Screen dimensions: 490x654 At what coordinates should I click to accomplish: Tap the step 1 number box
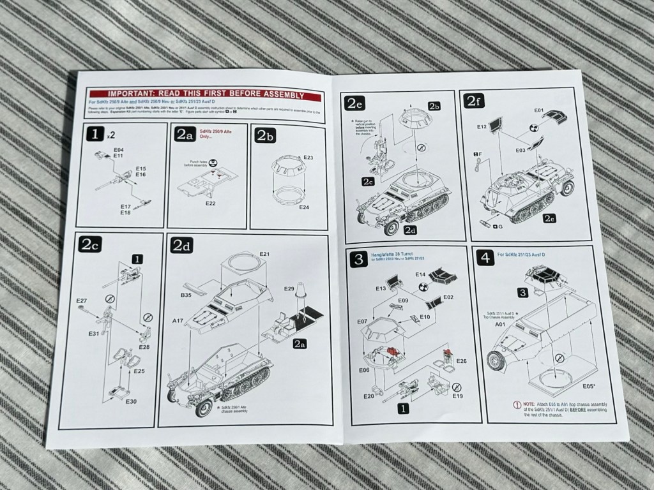click(x=96, y=135)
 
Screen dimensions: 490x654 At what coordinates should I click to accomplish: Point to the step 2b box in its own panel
click(x=266, y=135)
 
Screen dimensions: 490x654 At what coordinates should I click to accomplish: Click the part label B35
click(x=186, y=295)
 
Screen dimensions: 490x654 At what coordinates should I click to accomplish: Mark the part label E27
click(x=81, y=300)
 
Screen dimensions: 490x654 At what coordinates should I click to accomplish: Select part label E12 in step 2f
click(x=483, y=127)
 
